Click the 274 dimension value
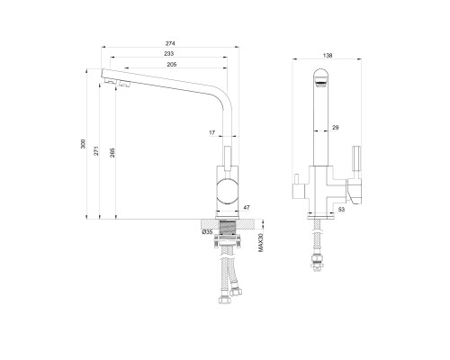pyautogui.click(x=170, y=43)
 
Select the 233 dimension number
pyautogui.click(x=169, y=54)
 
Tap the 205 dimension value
pyautogui.click(x=172, y=65)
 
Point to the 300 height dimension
pyautogui.click(x=84, y=144)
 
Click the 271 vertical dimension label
pyautogui.click(x=96, y=151)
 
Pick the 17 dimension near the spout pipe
pyautogui.click(x=212, y=132)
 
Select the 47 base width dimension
pyautogui.click(x=247, y=207)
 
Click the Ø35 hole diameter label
pyautogui.click(x=207, y=231)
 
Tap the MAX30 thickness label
pyautogui.click(x=260, y=242)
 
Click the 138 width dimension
pyautogui.click(x=328, y=56)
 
